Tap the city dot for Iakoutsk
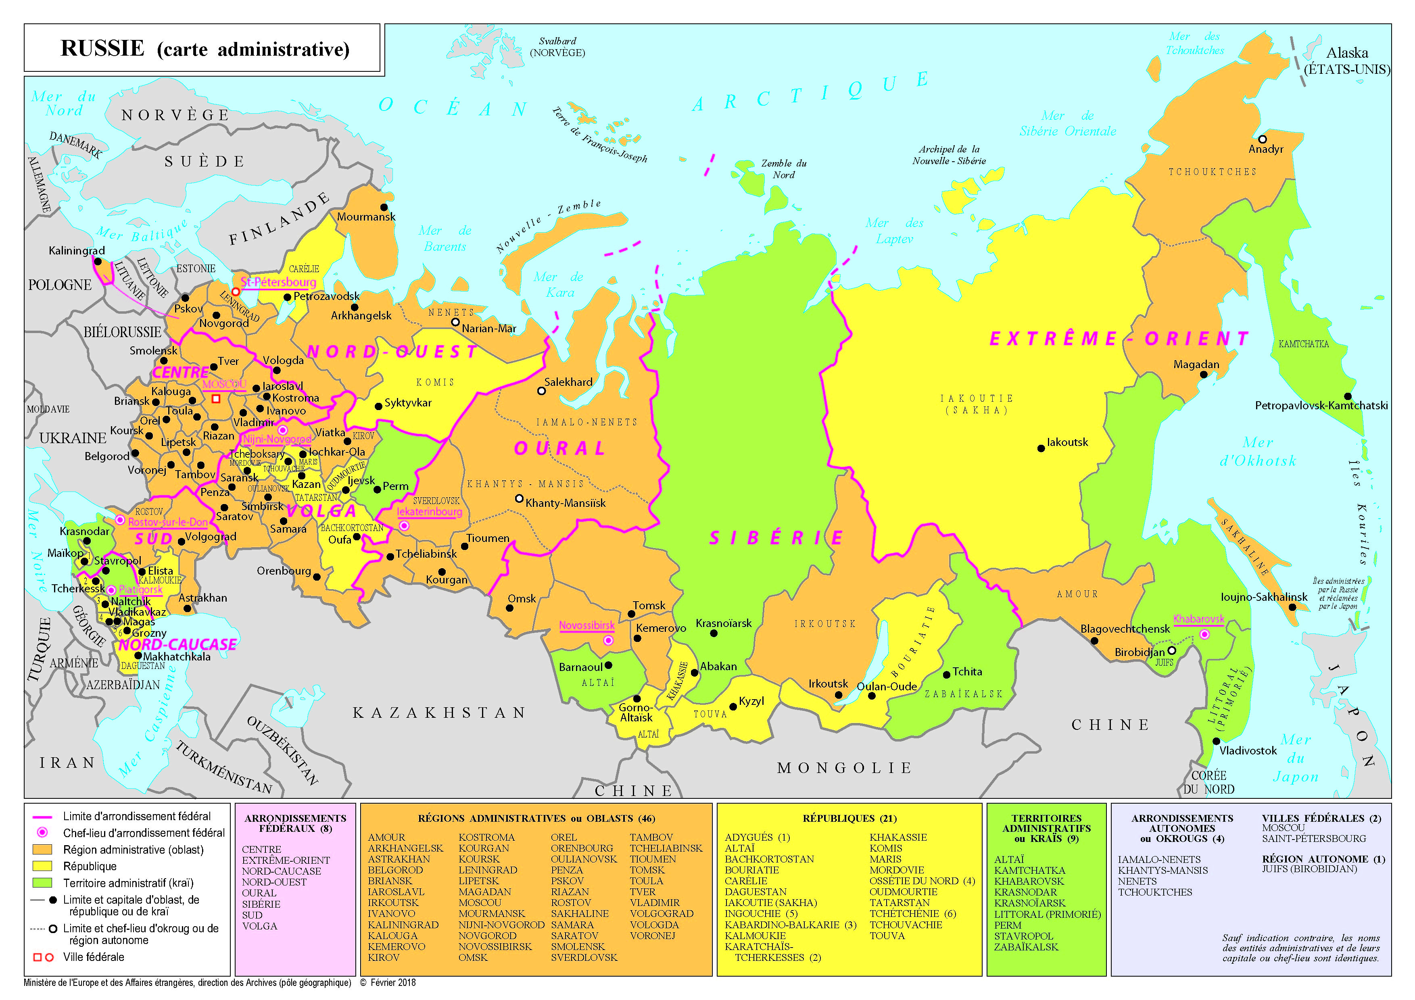click(x=1041, y=448)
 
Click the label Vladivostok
click(x=1248, y=750)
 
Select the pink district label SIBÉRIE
click(x=775, y=538)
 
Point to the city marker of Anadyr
click(x=1262, y=139)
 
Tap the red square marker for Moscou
click(x=216, y=399)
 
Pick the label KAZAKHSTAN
click(x=439, y=713)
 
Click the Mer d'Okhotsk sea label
click(x=1258, y=452)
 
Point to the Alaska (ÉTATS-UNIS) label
click(x=1346, y=61)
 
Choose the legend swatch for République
click(x=42, y=866)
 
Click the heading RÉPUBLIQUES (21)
click(x=849, y=818)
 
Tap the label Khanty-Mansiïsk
click(x=565, y=503)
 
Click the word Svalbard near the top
click(x=557, y=41)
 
